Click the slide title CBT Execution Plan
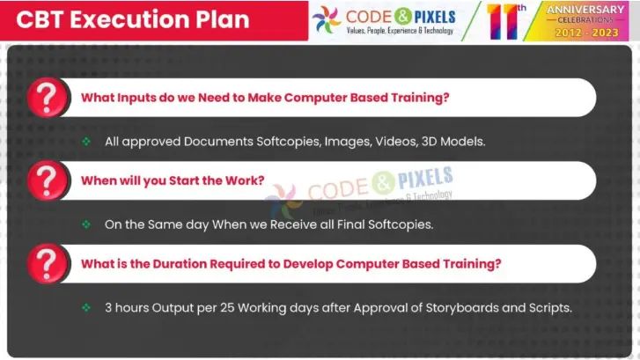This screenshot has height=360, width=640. [x=131, y=19]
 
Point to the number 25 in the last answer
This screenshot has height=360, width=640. [x=224, y=307]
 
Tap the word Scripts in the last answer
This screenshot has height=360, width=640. [x=546, y=307]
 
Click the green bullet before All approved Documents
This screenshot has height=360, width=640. [x=86, y=141]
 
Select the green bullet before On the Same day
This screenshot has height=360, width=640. [x=86, y=224]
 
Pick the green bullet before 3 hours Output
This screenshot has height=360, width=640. [x=86, y=307]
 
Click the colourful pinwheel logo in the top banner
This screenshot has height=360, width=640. [x=327, y=20]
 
